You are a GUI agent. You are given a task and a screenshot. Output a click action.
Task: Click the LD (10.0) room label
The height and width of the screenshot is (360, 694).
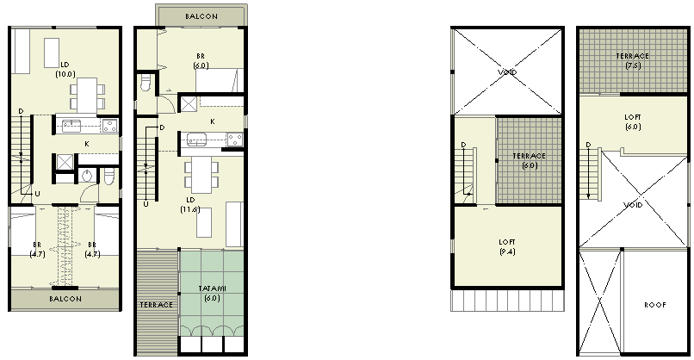[65, 70]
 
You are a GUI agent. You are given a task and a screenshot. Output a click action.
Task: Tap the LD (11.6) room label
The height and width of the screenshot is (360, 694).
[190, 205]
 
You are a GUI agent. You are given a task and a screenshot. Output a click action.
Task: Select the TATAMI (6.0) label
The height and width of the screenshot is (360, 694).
[213, 293]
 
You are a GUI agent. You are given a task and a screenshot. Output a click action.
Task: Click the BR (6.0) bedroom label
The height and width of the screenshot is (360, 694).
[201, 60]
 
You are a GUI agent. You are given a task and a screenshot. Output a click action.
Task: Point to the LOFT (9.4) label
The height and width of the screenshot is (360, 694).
[507, 246]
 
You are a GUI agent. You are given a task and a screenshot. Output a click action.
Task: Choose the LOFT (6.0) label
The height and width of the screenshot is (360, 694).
[633, 121]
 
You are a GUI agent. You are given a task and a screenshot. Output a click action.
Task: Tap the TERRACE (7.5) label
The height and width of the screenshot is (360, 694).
[633, 60]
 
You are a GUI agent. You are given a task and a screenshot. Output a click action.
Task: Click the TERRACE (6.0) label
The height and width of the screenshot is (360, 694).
[530, 160]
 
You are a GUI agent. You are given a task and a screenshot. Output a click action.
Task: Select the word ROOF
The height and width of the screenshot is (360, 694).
[655, 305]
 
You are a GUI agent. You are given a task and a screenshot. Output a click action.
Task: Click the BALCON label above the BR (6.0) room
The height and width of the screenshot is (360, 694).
[201, 16]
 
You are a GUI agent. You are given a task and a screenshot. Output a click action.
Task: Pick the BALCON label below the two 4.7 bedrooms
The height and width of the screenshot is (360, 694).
[65, 299]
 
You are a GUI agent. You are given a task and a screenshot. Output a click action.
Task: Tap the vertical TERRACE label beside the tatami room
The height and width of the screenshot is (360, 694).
[156, 305]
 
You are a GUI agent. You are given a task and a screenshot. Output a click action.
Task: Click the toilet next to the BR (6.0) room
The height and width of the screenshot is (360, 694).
[146, 83]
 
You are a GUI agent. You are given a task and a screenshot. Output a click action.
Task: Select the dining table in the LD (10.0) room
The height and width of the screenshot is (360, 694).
[87, 96]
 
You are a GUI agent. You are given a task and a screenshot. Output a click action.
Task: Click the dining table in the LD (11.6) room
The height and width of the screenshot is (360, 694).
[201, 175]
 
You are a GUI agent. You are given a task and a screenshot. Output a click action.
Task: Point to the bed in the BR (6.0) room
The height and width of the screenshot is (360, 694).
[220, 80]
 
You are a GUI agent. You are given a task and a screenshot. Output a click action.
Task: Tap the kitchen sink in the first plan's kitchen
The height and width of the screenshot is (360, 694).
[71, 126]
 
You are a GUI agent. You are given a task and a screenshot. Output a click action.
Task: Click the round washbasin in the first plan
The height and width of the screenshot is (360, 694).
[87, 176]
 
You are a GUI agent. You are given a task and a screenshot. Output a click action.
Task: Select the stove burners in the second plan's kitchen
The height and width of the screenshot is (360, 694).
[235, 140]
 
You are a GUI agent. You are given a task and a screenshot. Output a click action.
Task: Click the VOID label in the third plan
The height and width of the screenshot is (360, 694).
[507, 72]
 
